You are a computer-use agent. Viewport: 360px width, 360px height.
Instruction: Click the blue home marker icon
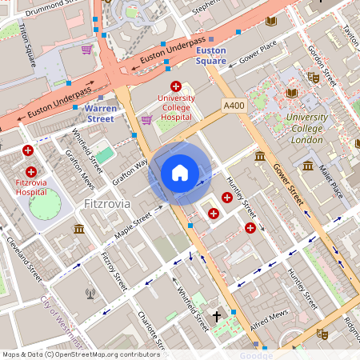180,173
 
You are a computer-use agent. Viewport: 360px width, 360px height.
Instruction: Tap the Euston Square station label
211,55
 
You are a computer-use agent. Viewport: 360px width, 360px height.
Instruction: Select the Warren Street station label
100,112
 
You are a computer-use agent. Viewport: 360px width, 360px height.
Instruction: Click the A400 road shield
234,106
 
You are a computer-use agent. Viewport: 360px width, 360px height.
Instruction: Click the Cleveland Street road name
24,258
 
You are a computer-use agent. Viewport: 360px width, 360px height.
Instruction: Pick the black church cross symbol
216,316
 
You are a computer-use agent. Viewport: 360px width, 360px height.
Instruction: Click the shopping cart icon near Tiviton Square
86,50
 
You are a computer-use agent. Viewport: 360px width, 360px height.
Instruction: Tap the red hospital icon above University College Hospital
174,86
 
